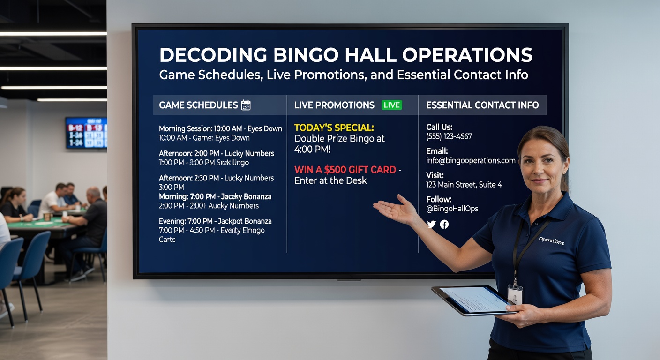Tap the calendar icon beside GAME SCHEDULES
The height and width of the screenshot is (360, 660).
[246, 105]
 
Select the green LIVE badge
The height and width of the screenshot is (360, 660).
[391, 105]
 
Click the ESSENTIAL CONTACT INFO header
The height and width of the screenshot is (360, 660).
[482, 105]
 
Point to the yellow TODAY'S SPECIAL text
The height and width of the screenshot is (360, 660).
[334, 127]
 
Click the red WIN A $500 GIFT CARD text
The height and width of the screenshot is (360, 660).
[345, 170]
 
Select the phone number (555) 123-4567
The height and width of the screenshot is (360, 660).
[449, 136]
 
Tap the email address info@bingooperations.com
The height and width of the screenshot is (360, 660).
[471, 160]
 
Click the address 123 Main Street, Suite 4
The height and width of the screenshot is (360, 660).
[464, 185]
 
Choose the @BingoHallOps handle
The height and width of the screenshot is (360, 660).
[452, 209]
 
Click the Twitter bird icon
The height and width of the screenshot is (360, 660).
[432, 225]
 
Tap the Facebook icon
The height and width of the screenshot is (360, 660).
[444, 225]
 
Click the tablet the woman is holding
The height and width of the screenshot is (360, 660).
[471, 300]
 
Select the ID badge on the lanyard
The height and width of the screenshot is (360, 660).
[515, 294]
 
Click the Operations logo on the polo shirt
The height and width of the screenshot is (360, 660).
[551, 240]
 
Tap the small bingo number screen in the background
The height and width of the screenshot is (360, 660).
[86, 133]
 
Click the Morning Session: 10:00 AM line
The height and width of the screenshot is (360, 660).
[220, 128]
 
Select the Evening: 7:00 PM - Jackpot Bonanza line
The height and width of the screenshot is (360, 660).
[215, 221]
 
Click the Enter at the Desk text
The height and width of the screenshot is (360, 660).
[330, 180]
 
